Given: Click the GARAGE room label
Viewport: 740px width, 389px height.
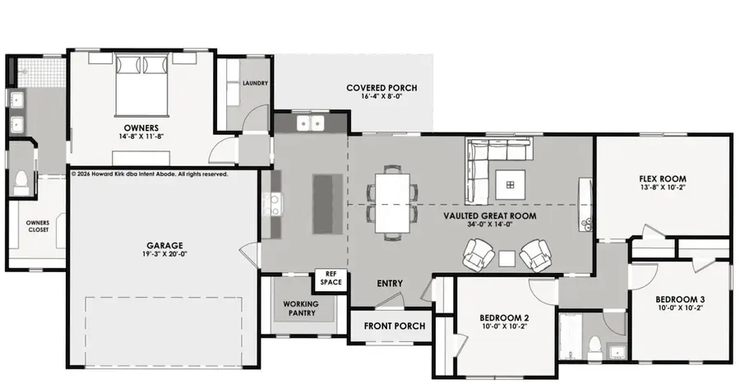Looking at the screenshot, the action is [164, 245].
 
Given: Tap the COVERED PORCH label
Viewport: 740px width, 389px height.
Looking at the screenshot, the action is [382, 88].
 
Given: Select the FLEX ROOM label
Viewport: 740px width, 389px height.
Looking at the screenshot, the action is [663, 179].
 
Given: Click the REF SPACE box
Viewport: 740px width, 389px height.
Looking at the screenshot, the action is [331, 279].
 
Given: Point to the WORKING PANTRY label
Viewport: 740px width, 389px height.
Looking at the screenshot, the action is [302, 308].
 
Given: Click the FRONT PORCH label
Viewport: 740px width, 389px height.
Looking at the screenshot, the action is [395, 326].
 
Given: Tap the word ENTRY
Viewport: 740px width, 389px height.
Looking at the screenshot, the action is [390, 283].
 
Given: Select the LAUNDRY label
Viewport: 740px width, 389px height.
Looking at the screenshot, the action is [256, 83].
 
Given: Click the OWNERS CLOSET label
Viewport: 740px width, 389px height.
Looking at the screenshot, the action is [38, 226].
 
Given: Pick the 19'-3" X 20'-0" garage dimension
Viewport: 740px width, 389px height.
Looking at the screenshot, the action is [164, 254].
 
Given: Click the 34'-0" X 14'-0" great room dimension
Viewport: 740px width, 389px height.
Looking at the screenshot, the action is [489, 225].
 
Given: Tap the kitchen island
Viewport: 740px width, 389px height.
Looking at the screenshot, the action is [328, 203].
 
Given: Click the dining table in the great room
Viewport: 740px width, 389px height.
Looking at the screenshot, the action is [393, 203].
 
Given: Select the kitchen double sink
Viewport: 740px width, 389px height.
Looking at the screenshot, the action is [311, 123].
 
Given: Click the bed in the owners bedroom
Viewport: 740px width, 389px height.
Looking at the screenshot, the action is [141, 85].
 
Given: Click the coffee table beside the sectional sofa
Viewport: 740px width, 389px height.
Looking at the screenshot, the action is [510, 184].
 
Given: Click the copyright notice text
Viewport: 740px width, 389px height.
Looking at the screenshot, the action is [150, 174].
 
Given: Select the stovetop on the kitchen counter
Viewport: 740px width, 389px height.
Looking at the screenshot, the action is [273, 205].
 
